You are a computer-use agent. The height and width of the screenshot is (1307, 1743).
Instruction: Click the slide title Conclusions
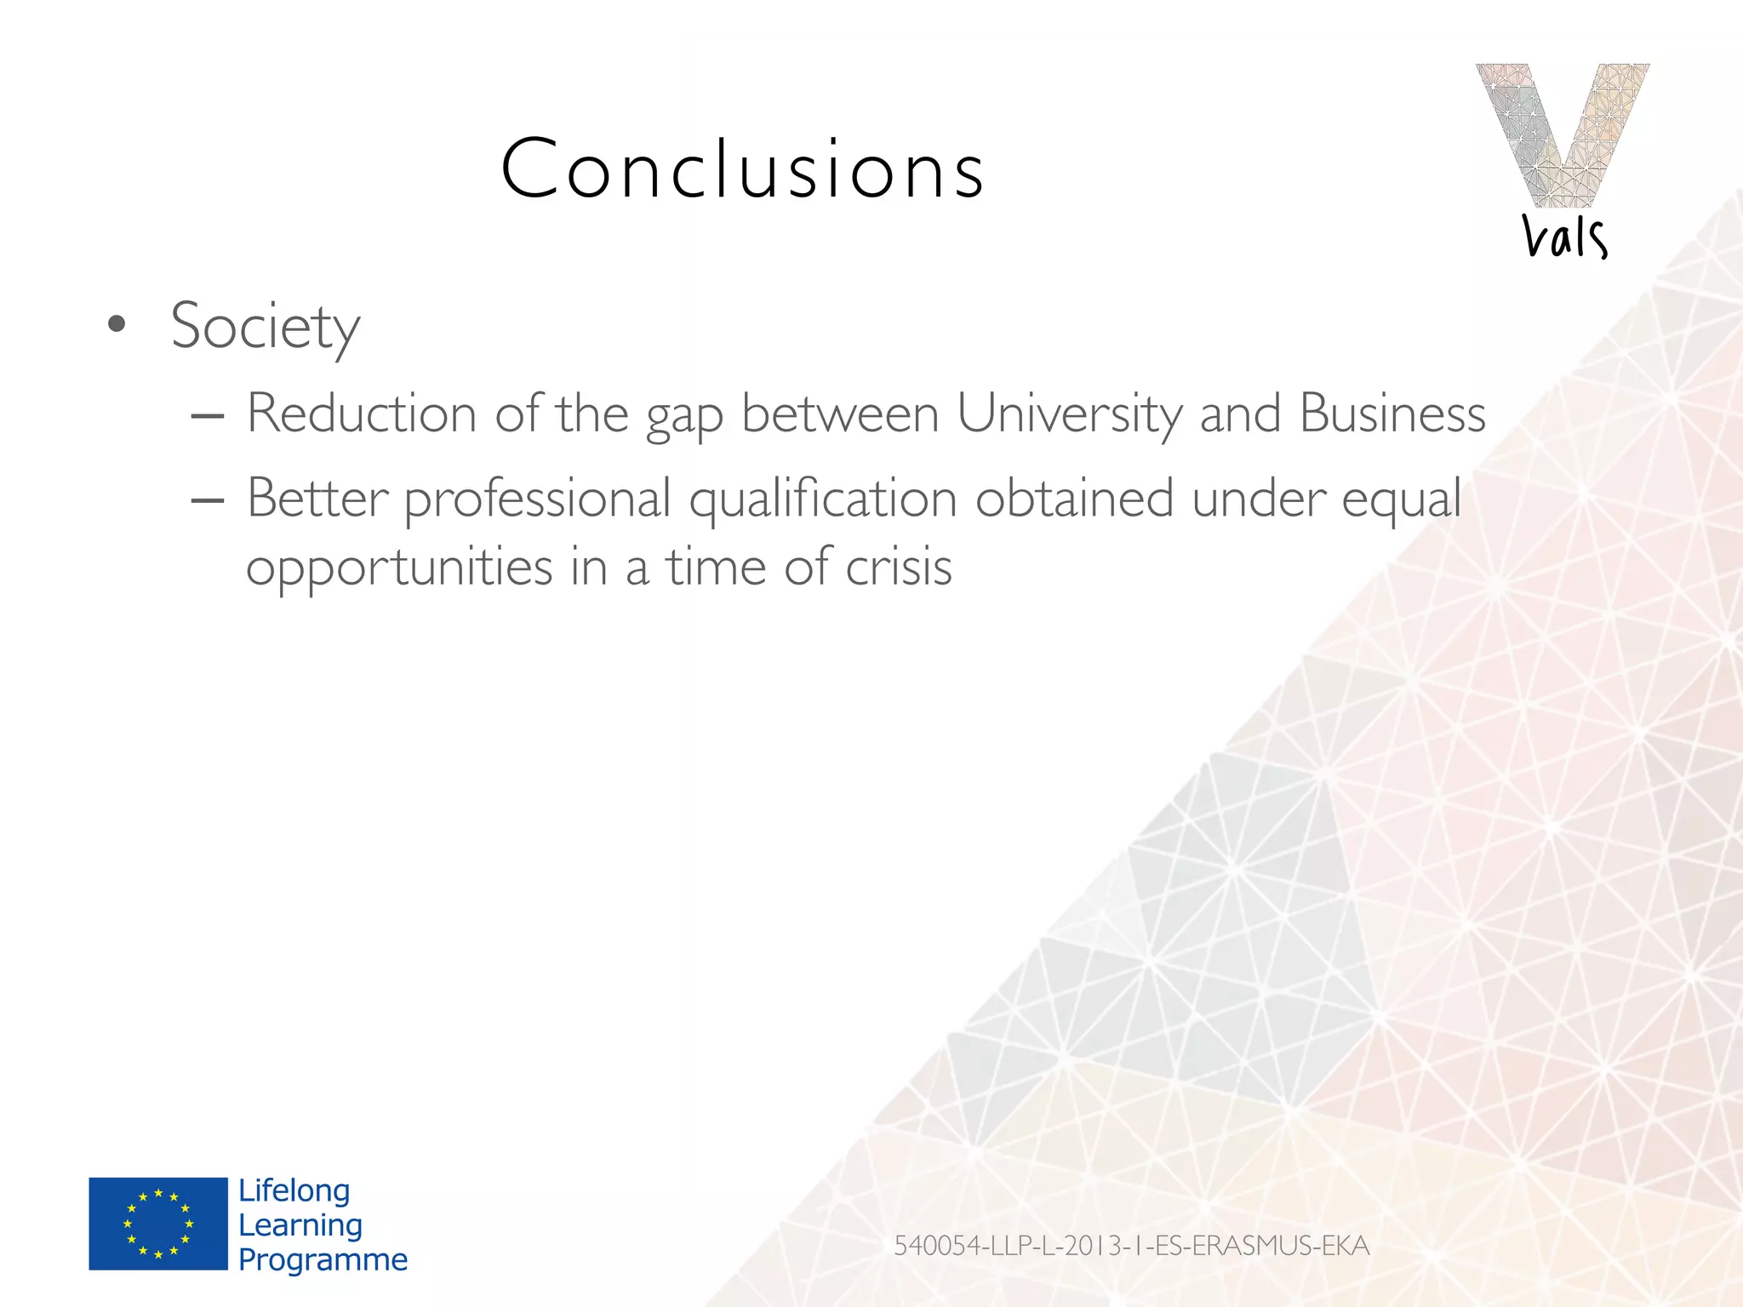pyautogui.click(x=742, y=169)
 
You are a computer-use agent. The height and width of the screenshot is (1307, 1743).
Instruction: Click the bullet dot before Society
pyautogui.click(x=117, y=324)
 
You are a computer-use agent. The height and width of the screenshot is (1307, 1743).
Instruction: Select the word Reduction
pyautogui.click(x=362, y=414)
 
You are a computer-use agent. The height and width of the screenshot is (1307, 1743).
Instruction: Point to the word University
pyautogui.click(x=1069, y=414)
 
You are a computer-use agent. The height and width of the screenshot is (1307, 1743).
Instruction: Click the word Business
pyautogui.click(x=1392, y=414)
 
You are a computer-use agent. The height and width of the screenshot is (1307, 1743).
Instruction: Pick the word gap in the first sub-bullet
pyautogui.click(x=684, y=418)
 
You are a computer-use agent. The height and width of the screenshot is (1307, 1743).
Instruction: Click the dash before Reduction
pyautogui.click(x=208, y=417)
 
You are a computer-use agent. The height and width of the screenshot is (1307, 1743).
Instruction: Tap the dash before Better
pyautogui.click(x=208, y=501)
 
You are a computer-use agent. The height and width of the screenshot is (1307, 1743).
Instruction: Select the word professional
pyautogui.click(x=538, y=500)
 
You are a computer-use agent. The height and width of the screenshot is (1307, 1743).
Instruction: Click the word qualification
pyautogui.click(x=823, y=500)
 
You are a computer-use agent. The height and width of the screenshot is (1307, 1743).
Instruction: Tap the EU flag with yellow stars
pyautogui.click(x=158, y=1224)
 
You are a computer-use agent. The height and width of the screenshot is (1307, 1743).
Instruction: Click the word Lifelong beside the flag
pyautogui.click(x=294, y=1190)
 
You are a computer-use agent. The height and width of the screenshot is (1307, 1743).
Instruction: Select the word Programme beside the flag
pyautogui.click(x=323, y=1259)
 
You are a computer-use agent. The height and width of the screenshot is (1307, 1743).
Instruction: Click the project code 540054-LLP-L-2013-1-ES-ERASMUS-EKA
pyautogui.click(x=1131, y=1246)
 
